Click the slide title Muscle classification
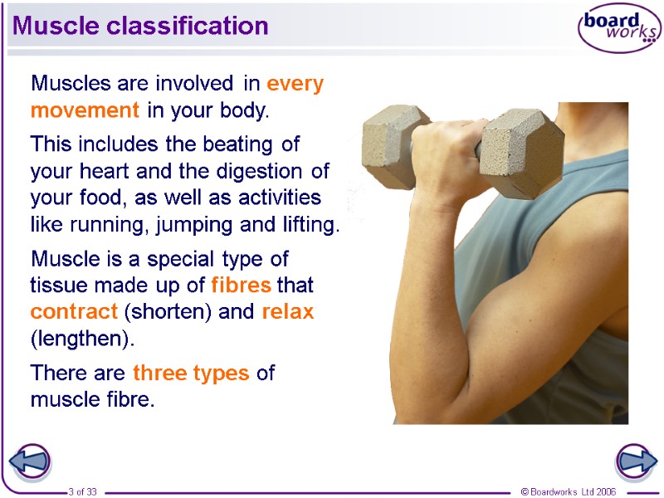coord(140,27)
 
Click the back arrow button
coord(30,461)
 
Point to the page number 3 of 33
coord(82,492)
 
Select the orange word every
coord(295,84)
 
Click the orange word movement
coord(85,110)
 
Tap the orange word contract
coord(73,313)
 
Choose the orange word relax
coord(288,313)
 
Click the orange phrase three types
coord(191,373)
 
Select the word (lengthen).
coord(81,339)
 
